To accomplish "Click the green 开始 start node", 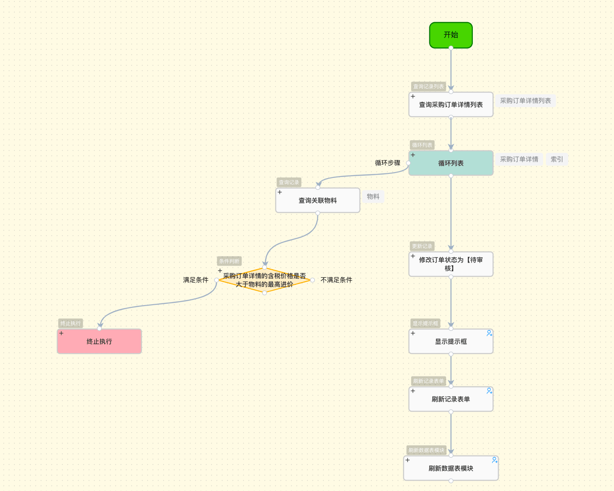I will coord(451,35).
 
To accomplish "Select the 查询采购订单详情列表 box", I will coord(451,105).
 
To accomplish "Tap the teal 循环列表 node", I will coord(451,163).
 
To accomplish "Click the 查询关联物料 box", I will coord(317,200).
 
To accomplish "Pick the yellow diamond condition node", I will coord(264,280).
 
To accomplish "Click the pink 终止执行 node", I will coord(99,342).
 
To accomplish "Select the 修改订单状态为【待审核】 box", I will coord(451,264).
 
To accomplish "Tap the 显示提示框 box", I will coord(451,342).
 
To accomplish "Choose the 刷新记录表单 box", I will coord(451,399).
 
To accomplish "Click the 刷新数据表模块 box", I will coord(451,468).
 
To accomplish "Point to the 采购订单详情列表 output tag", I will coord(525,101).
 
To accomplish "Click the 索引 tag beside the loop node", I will coord(557,159).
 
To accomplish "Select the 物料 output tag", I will coord(373,196).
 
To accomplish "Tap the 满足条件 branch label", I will coord(196,280).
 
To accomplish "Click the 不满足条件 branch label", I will coord(337,280).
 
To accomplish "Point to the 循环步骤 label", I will coord(388,163).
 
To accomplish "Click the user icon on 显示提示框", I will coord(489,333).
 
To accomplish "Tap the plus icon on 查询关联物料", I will coord(280,192).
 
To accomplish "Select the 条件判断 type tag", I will coord(229,261).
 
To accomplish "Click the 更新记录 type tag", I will coord(422,246).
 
